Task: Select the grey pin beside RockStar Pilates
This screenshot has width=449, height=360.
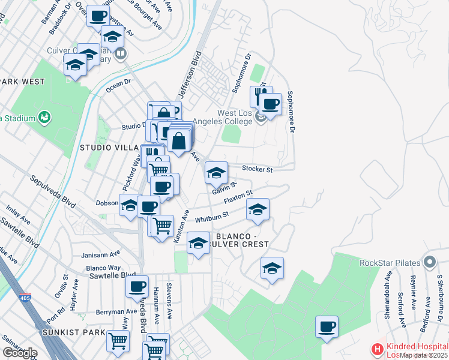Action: click(429, 262)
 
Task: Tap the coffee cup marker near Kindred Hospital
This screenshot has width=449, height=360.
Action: click(327, 327)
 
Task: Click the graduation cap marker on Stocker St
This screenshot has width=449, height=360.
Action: click(217, 173)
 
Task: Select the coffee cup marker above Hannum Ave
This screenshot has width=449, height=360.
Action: click(137, 287)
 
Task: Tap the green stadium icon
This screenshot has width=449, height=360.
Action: click(44, 116)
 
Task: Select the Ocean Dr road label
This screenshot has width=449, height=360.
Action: click(118, 85)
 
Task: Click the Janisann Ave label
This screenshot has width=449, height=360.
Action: click(103, 253)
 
